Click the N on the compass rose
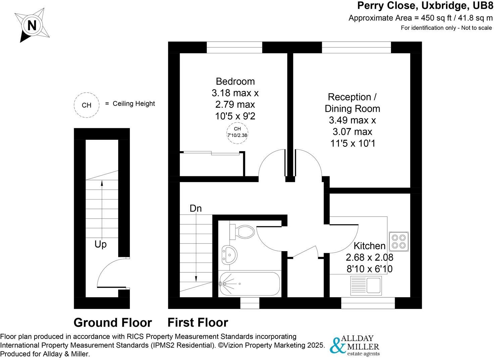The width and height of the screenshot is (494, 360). click(x=32, y=26)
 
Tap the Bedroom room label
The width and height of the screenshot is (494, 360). click(x=235, y=82)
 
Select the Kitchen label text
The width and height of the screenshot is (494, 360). click(x=369, y=246)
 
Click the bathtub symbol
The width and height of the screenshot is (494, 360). click(x=249, y=284)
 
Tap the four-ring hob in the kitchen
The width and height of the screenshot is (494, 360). click(x=399, y=242)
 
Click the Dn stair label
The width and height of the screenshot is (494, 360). click(x=196, y=209)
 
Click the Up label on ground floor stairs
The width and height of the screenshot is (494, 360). click(x=100, y=244)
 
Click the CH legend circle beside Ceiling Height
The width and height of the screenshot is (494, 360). click(x=87, y=105)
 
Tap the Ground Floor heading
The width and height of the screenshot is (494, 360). click(x=112, y=323)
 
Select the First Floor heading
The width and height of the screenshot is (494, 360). click(x=198, y=323)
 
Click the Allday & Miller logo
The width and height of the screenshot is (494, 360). click(x=355, y=346)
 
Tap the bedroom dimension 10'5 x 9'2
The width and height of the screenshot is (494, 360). click(x=235, y=116)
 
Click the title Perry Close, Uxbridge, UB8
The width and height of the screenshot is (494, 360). click(x=425, y=6)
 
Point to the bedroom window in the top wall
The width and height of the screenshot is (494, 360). click(x=234, y=47)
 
